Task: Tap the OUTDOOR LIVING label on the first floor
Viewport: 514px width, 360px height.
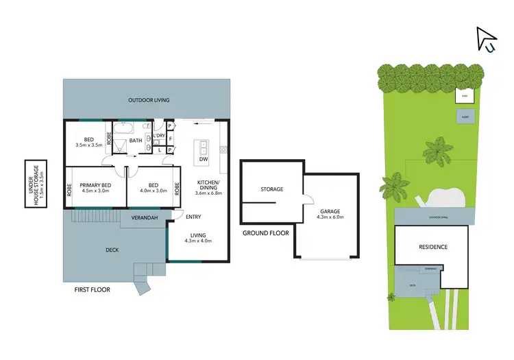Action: pos(149,100)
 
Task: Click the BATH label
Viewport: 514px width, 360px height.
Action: pos(136,141)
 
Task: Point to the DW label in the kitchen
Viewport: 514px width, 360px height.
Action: pos(203,159)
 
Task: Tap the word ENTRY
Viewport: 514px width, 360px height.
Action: pos(194,217)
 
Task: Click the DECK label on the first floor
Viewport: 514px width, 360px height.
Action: pos(112,250)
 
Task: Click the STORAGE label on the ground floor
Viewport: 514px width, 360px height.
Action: pos(272,189)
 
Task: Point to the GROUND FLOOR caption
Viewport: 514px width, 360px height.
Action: pos(266,233)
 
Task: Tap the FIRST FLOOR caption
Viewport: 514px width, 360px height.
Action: pos(92,289)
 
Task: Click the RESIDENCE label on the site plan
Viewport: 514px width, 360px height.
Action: pos(432,247)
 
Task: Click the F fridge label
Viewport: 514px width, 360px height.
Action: pos(169,138)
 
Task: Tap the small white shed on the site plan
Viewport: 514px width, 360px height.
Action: pos(464,96)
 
